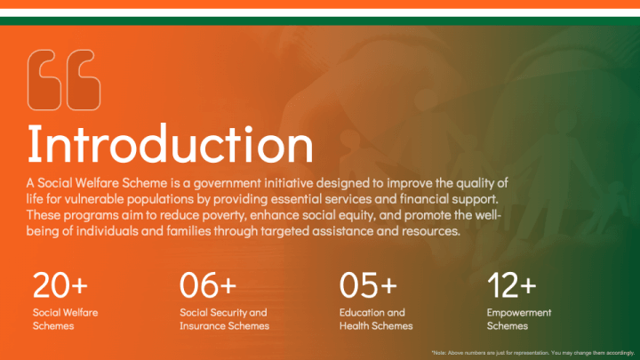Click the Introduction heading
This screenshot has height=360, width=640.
pyautogui.click(x=170, y=144)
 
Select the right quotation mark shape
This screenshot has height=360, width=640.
pyautogui.click(x=84, y=80)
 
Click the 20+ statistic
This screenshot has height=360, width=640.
pyautogui.click(x=60, y=285)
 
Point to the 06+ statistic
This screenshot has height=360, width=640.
pyautogui.click(x=208, y=285)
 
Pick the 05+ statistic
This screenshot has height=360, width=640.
pyautogui.click(x=368, y=285)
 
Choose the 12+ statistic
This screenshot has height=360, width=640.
pyautogui.click(x=512, y=285)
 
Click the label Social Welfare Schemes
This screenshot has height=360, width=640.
pyautogui.click(x=65, y=319)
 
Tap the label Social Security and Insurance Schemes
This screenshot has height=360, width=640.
pyautogui.click(x=225, y=319)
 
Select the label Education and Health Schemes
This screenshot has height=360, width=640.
pyautogui.click(x=376, y=319)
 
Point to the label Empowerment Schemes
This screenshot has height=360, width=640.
pyautogui.click(x=519, y=319)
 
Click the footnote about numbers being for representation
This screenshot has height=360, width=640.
pyautogui.click(x=533, y=353)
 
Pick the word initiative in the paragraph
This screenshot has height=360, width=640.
pyautogui.click(x=289, y=183)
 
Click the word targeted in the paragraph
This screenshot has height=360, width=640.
pyautogui.click(x=285, y=231)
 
